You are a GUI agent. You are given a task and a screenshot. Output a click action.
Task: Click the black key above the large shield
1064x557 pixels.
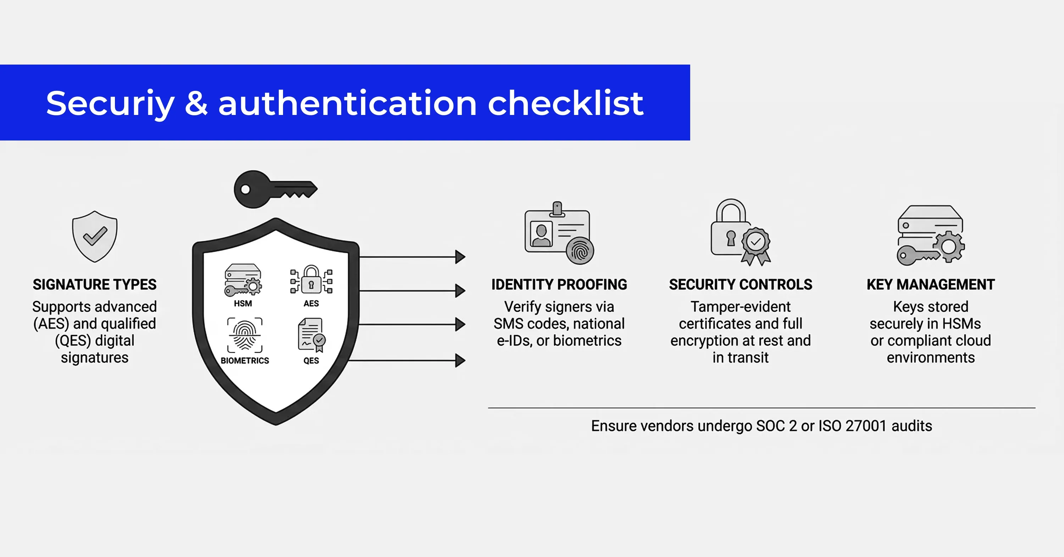(276, 189)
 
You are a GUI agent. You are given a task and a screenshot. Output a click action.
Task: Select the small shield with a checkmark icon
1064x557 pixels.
(95, 236)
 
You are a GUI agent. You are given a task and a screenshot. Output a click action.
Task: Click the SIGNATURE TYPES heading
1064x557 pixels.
(95, 284)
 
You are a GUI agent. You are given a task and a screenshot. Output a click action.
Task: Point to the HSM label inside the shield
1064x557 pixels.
(243, 303)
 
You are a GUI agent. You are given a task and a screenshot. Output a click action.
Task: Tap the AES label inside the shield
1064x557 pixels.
(311, 303)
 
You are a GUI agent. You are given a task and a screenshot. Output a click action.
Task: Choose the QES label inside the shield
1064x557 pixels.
(311, 360)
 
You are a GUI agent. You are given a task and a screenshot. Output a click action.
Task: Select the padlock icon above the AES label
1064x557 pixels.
(311, 280)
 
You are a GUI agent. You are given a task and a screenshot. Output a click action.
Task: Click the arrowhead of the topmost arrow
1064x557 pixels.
(460, 257)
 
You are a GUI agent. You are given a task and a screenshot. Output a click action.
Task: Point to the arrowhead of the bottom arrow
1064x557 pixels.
(460, 360)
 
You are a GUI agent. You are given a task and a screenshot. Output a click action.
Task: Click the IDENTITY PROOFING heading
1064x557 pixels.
(559, 284)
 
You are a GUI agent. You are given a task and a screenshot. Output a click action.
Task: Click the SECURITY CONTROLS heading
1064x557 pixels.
(741, 284)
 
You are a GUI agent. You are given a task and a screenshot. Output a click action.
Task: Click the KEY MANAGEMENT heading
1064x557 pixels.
(931, 284)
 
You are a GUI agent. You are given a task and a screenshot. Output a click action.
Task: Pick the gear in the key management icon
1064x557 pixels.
(949, 247)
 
